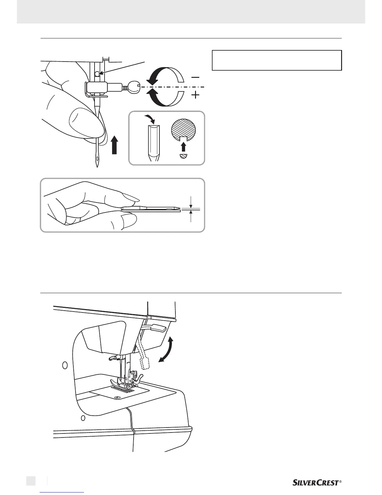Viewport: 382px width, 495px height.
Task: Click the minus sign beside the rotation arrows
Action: click(x=196, y=77)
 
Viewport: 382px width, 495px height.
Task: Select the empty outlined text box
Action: click(x=277, y=60)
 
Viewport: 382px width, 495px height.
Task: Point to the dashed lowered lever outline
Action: click(x=144, y=356)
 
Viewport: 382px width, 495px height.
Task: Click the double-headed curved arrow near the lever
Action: click(x=166, y=350)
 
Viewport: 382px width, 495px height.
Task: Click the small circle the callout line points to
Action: click(x=97, y=74)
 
